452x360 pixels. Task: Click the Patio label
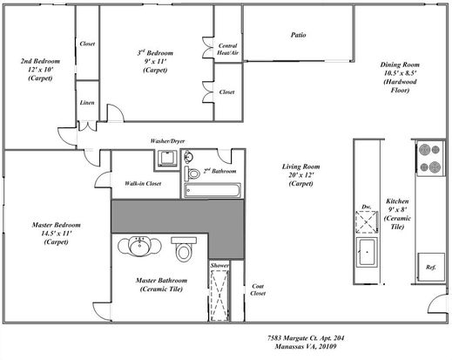(x=298, y=35)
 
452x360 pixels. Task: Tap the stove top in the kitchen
(x=429, y=159)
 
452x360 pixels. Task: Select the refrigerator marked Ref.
(x=431, y=267)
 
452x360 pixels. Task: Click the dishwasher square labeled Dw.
(x=367, y=221)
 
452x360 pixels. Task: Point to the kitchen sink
(x=367, y=252)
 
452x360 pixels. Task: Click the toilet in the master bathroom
(x=184, y=248)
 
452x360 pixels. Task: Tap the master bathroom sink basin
(x=139, y=247)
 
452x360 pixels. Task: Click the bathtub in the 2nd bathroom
(x=213, y=191)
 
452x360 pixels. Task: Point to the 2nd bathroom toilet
(x=192, y=173)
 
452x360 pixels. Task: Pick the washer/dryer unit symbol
(x=167, y=158)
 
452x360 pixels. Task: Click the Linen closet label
(x=87, y=103)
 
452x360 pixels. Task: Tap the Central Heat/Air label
(x=228, y=49)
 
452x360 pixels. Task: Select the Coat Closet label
(x=258, y=289)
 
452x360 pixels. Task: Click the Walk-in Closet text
(x=143, y=183)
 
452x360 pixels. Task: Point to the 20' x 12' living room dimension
(x=301, y=175)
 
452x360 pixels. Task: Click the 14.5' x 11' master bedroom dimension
(x=57, y=234)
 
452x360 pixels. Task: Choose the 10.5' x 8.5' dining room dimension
(x=400, y=73)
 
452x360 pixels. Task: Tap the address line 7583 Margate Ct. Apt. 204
(x=306, y=338)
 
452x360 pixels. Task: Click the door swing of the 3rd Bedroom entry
(x=116, y=112)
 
